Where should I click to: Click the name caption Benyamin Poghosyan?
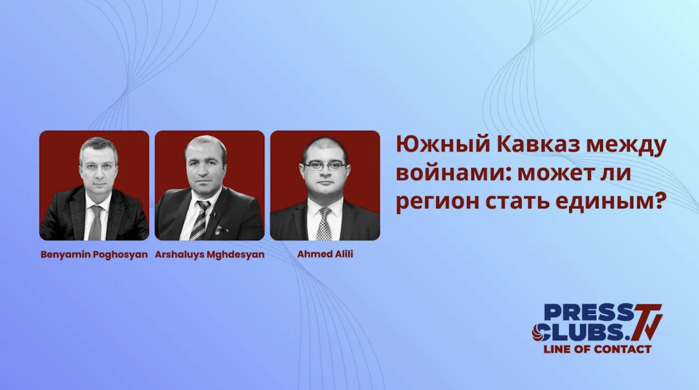click(x=94, y=255)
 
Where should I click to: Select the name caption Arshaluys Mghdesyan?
click(x=210, y=255)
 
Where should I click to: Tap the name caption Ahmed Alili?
click(x=325, y=254)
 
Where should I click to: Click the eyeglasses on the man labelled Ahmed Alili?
click(x=325, y=166)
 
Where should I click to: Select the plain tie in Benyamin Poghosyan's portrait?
click(x=96, y=223)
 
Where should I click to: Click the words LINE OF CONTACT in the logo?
click(x=597, y=349)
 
